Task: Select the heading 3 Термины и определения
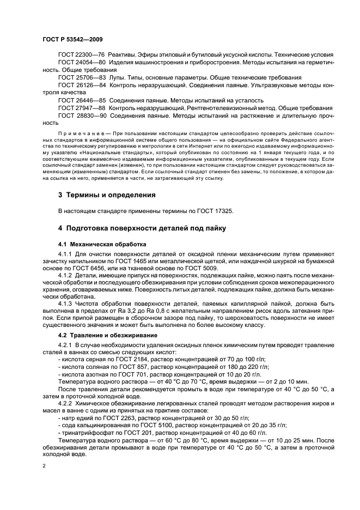(107, 195)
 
